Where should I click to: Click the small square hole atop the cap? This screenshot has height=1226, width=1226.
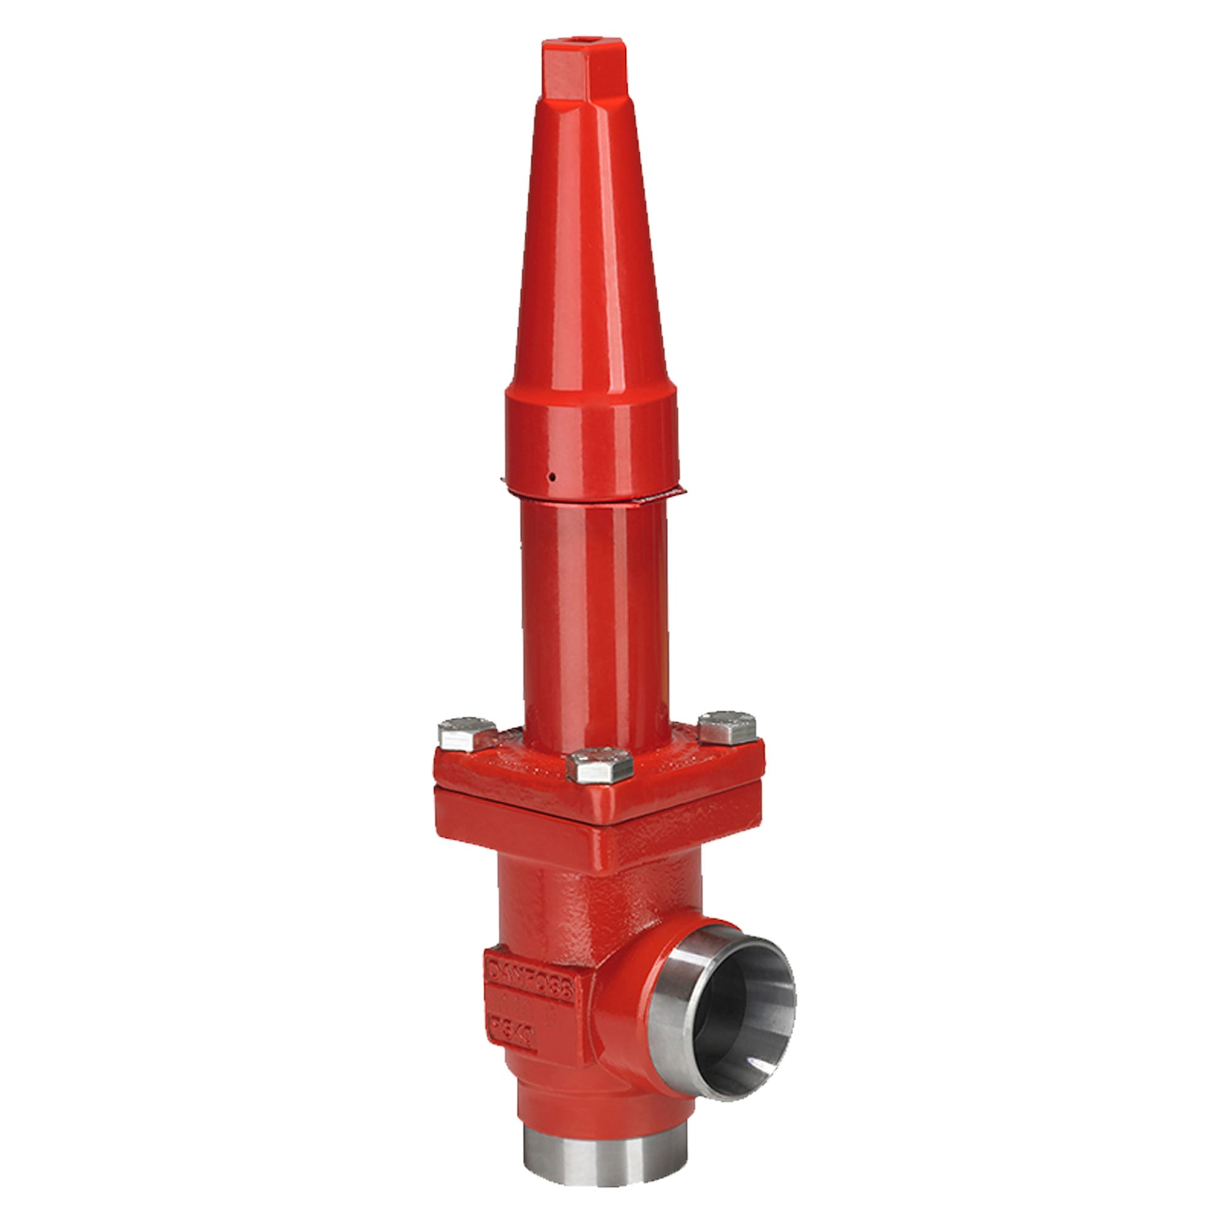pyautogui.click(x=574, y=47)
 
